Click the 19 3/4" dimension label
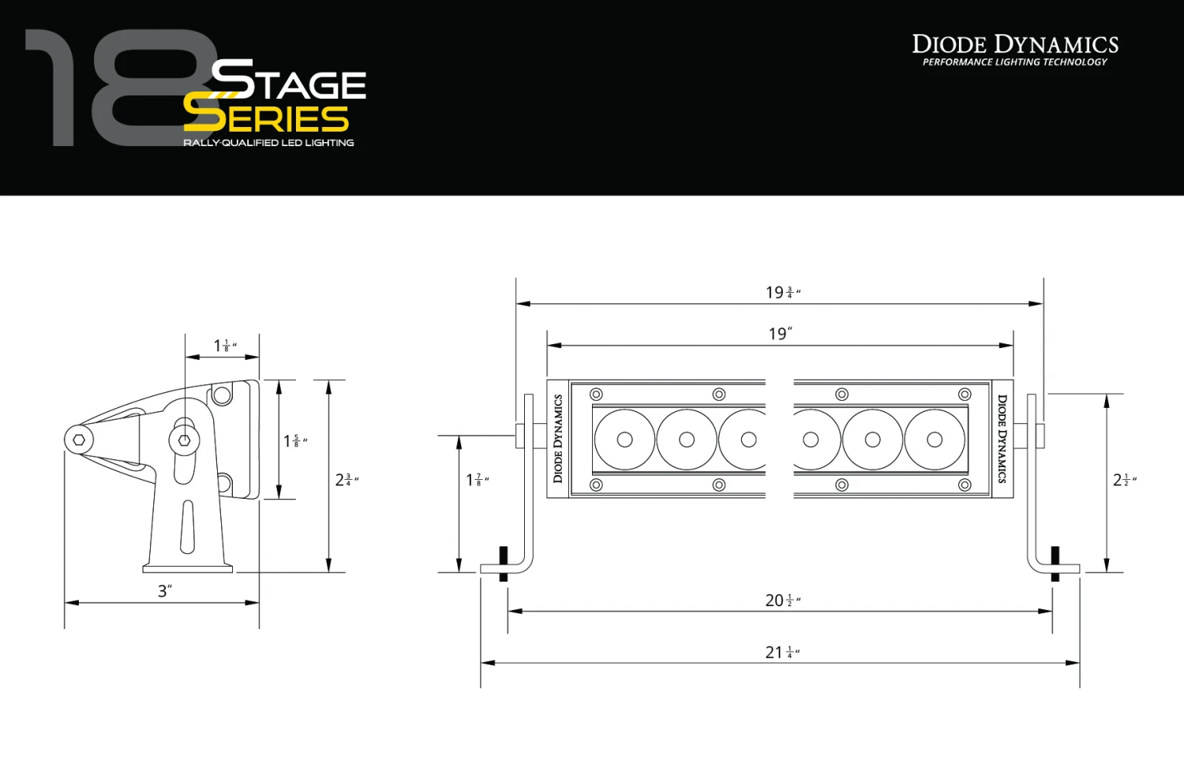click(x=782, y=293)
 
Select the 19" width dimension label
click(x=780, y=334)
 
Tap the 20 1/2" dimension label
click(x=782, y=601)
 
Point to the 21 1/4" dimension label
click(x=782, y=653)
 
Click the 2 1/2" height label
click(x=1124, y=480)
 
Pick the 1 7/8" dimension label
click(x=477, y=480)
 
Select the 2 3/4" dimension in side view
click(x=347, y=480)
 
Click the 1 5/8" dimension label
click(x=295, y=441)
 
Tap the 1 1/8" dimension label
click(x=225, y=346)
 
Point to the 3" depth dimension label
click(x=164, y=591)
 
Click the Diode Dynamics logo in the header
click(x=1015, y=50)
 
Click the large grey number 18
click(x=118, y=88)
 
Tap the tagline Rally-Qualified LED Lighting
click(x=268, y=143)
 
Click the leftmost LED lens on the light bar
click(x=624, y=440)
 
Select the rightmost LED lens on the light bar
click(x=935, y=440)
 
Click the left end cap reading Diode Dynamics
click(x=558, y=439)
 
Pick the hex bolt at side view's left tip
click(x=79, y=440)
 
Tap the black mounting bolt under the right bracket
click(x=1055, y=563)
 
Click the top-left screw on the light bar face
click(x=596, y=394)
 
